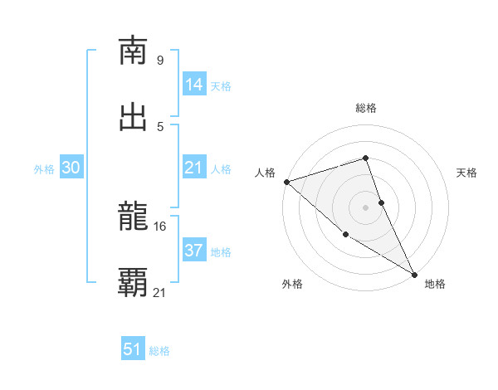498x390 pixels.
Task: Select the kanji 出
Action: pos(134,117)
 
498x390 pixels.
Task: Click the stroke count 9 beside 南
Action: pos(159,60)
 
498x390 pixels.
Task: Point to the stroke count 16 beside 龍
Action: pos(159,226)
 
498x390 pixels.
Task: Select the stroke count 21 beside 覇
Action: pos(159,292)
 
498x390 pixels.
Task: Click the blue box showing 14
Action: pos(193,85)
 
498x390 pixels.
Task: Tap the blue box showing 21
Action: pos(193,168)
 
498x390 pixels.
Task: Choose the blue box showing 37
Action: pos(193,251)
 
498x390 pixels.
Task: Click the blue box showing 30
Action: pos(71,168)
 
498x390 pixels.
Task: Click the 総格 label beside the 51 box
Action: pos(159,351)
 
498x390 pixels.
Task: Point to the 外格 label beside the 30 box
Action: pos(44,169)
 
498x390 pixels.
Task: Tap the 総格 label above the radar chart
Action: pos(365,108)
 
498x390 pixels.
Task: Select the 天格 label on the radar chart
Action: pos(467,173)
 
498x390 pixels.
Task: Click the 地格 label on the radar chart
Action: pos(435,284)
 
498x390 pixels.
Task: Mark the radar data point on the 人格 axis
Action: pos(286,181)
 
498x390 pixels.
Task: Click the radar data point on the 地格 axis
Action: pos(413,273)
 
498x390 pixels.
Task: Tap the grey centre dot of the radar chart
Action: pos(365,207)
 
